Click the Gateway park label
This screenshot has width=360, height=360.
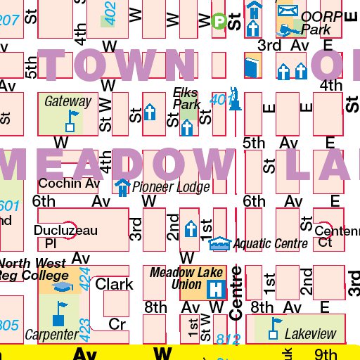[x=67, y=101]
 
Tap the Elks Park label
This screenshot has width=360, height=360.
[x=186, y=98]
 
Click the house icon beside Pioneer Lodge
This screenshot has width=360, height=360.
[x=122, y=187]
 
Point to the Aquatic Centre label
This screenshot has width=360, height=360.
[x=271, y=244]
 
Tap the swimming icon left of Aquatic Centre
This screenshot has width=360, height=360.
[x=219, y=243]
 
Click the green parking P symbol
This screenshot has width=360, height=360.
[x=219, y=22]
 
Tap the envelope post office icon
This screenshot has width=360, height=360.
[x=287, y=11]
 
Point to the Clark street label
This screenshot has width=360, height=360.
[x=114, y=284]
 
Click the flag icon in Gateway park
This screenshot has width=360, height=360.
[x=70, y=122]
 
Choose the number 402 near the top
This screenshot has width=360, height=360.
[x=109, y=9]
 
